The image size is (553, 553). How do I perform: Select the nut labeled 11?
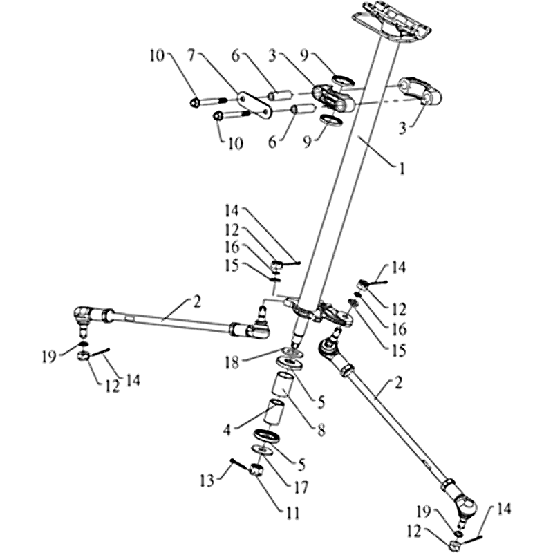point(254,471)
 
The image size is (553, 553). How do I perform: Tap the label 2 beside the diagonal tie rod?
point(399,382)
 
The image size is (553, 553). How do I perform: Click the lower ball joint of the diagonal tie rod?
point(462,508)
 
